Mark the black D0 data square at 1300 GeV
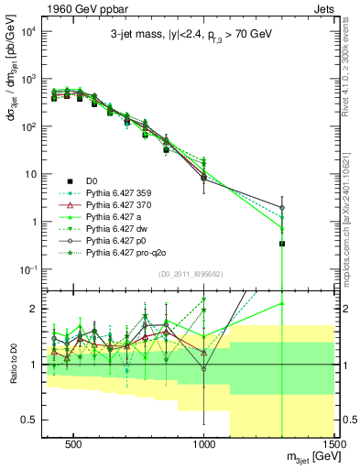[282, 244]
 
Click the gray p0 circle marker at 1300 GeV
[282, 207]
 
